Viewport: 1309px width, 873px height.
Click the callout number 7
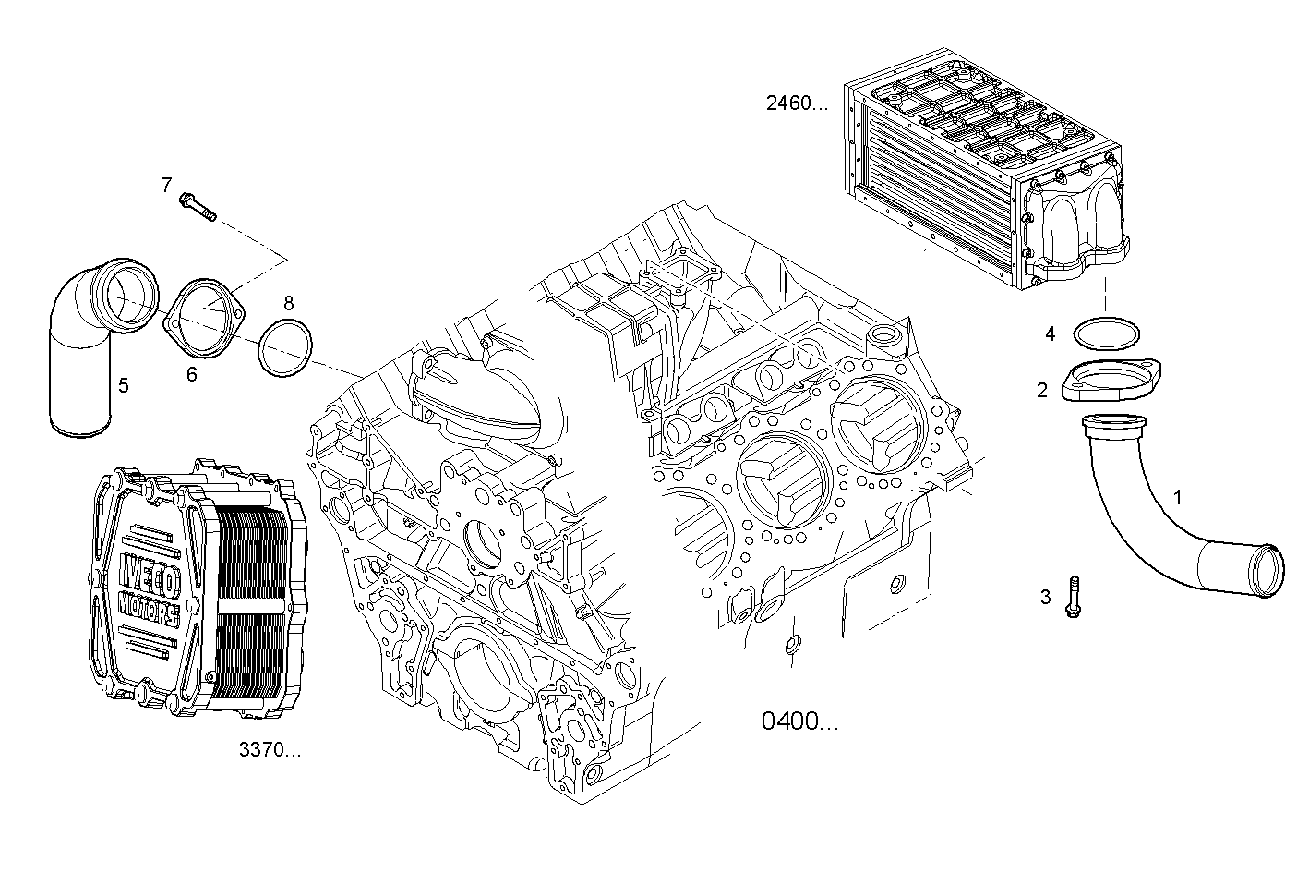click(167, 186)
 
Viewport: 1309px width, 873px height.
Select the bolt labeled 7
click(199, 206)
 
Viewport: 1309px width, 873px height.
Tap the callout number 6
click(191, 374)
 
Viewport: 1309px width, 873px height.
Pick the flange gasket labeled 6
click(204, 318)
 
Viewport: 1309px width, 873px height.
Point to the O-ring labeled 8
click(284, 348)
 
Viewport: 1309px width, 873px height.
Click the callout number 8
click(289, 302)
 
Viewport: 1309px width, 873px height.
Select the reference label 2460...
click(798, 103)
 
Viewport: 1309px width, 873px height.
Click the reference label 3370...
click(270, 750)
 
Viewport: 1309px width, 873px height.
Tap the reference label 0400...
click(800, 721)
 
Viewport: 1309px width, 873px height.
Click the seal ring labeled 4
click(1107, 333)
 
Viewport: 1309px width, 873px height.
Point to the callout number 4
click(1050, 333)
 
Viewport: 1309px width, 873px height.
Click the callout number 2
click(1042, 391)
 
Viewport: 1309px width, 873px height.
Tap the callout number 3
click(1046, 597)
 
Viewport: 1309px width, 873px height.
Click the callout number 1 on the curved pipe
click(1178, 497)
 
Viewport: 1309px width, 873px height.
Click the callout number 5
click(123, 384)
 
